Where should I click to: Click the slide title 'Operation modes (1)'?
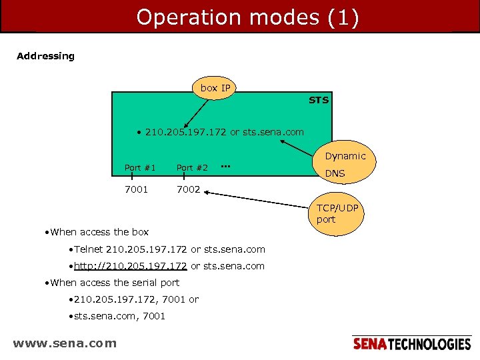pos(247,17)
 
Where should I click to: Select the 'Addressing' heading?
pos(45,56)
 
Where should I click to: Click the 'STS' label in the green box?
pos(318,100)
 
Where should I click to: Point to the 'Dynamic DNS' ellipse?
pos(345,164)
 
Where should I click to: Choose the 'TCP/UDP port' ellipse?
pos(337,213)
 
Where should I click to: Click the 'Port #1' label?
pos(140,167)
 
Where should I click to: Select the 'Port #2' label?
pos(192,167)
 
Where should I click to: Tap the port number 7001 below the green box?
pos(137,189)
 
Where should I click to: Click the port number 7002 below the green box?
pos(188,189)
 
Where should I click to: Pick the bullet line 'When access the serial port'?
pos(110,283)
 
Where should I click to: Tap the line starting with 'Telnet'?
pos(169,249)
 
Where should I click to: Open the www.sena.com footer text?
pos(65,343)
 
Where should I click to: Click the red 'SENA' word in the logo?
pos(369,344)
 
